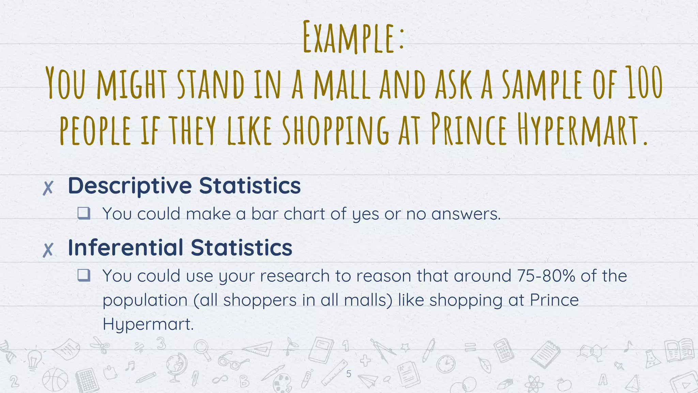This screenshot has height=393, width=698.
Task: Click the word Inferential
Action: [125, 248]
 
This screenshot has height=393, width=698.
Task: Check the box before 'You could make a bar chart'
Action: [84, 213]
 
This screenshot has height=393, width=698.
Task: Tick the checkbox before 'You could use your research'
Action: [84, 275]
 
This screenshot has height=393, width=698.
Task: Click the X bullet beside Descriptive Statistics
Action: [48, 188]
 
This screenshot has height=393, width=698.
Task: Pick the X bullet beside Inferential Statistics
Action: [48, 250]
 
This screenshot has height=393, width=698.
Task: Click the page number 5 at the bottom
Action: [348, 374]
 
